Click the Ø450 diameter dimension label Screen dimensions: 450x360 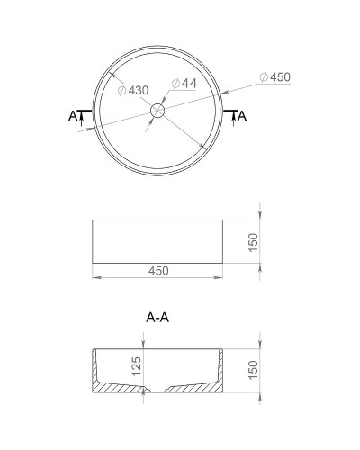tap(274, 77)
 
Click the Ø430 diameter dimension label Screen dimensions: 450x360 tap(133, 90)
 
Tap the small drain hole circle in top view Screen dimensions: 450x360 tap(158, 112)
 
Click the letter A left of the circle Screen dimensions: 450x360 tap(72, 115)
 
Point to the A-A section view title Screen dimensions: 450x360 tap(158, 318)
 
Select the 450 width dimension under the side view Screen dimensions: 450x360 tap(158, 270)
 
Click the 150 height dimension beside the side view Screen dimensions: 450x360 tap(254, 241)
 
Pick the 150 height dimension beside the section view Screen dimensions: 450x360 tap(254, 369)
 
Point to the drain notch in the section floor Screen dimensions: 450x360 tap(158, 389)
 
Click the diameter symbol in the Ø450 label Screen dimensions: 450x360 tap(263, 77)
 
